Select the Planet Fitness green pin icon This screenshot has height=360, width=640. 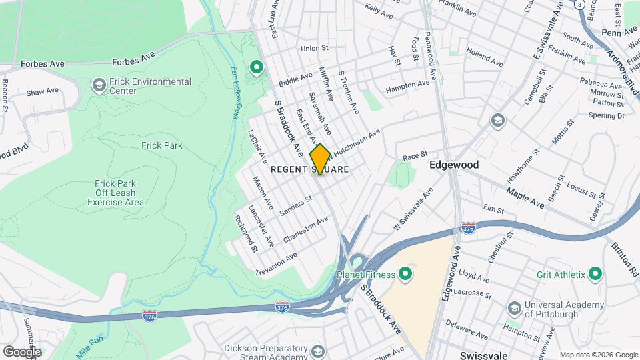pos(405,274)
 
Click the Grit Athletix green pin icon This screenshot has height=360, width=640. pos(595,274)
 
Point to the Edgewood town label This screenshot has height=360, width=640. pos(454,164)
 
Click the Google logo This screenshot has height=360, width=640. pos(21,351)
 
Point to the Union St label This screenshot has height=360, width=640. pos(315,48)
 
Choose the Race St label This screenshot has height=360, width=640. pos(415,155)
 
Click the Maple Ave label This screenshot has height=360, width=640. pos(525,197)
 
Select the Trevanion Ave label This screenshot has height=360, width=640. pos(277,264)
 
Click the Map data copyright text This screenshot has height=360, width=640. pos(598,355)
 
